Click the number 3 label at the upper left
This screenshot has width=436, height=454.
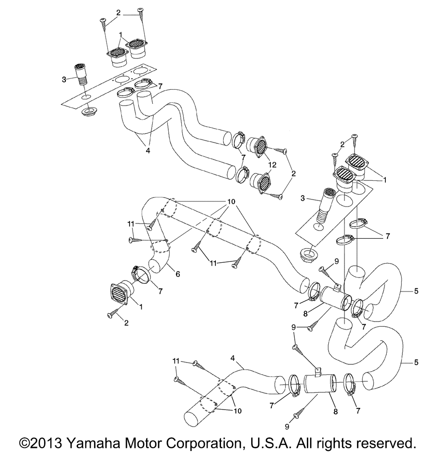pyautogui.click(x=64, y=80)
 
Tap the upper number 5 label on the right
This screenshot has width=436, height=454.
pyautogui.click(x=417, y=291)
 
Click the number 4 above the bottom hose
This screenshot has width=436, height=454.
pyautogui.click(x=233, y=358)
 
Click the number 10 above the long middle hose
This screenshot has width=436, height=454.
pyautogui.click(x=231, y=203)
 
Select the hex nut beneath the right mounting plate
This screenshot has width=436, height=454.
pyautogui.click(x=309, y=254)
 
